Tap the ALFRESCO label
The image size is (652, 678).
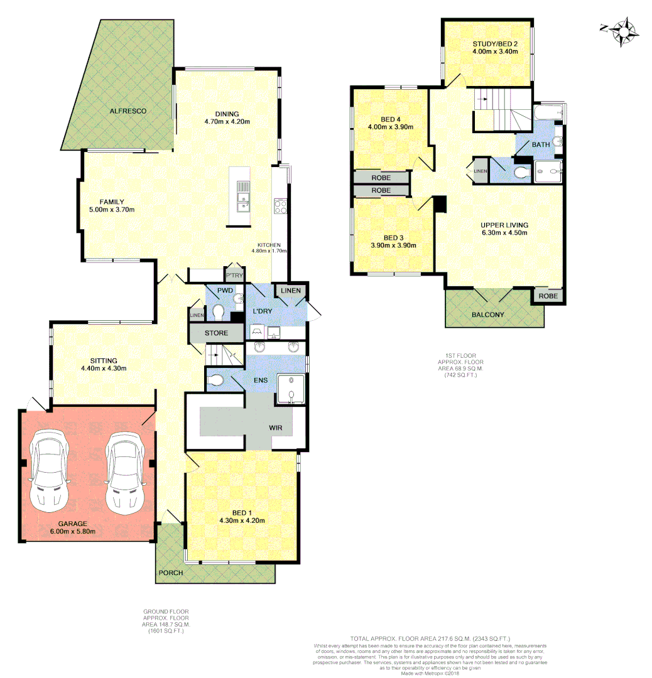point(128,111)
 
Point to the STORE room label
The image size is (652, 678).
point(216,333)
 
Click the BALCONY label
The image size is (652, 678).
point(487,315)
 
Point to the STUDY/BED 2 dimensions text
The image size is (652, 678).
point(495,52)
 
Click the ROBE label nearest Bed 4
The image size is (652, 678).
point(381,178)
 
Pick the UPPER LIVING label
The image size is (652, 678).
point(504,225)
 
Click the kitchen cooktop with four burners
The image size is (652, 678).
point(280,205)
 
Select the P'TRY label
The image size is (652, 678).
point(234,276)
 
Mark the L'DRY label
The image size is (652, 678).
point(261,312)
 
